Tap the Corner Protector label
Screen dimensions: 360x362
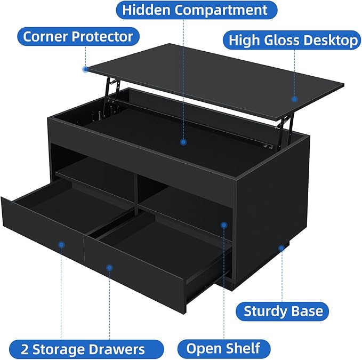[x=78, y=36]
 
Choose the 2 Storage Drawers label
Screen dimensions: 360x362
[x=83, y=349]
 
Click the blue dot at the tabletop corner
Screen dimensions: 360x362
[x=85, y=69]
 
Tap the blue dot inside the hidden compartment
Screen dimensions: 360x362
[x=183, y=142]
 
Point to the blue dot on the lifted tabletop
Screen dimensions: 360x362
[x=294, y=98]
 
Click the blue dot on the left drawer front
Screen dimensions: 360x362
[x=61, y=245]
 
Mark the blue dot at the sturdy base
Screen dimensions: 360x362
[x=281, y=248]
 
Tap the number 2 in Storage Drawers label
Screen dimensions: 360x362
[x=26, y=349]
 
